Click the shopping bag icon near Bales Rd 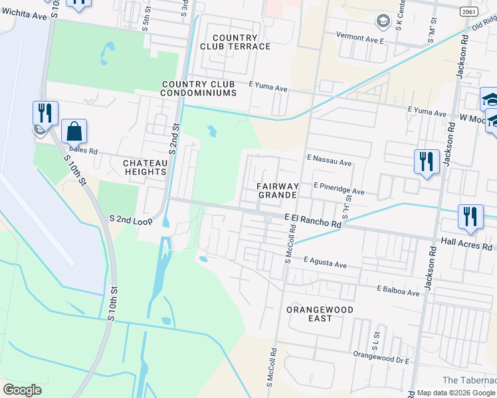(x=74, y=131)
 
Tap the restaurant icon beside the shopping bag (x=45, y=112)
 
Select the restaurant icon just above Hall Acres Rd (x=470, y=216)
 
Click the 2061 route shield (x=468, y=11)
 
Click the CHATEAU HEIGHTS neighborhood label (x=144, y=166)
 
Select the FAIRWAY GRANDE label (x=277, y=191)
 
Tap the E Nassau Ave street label (x=329, y=162)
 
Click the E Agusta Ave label (x=325, y=264)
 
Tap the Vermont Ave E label (x=361, y=40)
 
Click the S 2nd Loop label (x=131, y=218)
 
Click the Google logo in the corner (x=22, y=390)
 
